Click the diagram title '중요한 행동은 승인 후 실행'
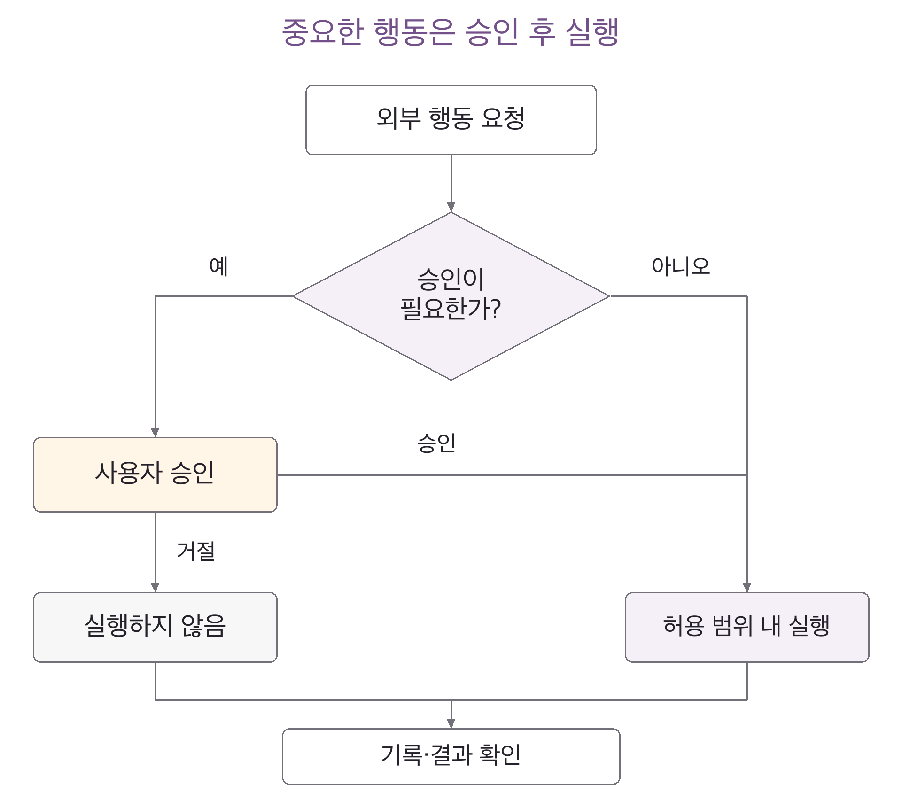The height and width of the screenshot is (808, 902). click(x=451, y=32)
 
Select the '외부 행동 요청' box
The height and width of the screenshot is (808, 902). click(x=451, y=120)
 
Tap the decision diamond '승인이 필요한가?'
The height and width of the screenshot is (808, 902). click(x=451, y=296)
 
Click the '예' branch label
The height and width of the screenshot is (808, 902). click(x=218, y=266)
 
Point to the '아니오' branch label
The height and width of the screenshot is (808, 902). click(x=681, y=266)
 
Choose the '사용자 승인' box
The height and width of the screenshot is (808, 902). click(x=155, y=474)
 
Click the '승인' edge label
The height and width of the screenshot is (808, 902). click(x=436, y=443)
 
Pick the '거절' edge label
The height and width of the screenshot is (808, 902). click(x=196, y=551)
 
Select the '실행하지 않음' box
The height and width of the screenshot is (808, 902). click(x=155, y=627)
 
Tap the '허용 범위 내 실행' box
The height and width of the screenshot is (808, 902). click(x=747, y=627)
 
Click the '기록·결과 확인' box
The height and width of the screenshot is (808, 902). click(x=451, y=756)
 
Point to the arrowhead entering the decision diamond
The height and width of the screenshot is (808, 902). click(x=451, y=207)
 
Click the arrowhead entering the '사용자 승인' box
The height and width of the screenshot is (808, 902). click(x=155, y=432)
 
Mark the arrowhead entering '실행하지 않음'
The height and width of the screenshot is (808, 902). click(x=155, y=587)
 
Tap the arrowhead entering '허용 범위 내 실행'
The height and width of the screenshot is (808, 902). click(x=747, y=587)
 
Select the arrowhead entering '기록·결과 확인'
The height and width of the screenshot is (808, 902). click(x=451, y=723)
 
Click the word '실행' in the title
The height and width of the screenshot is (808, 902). click(x=592, y=32)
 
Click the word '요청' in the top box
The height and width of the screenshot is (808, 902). click(x=503, y=118)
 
